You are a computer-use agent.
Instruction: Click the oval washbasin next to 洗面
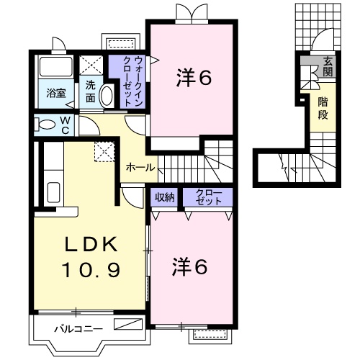(x=107, y=96)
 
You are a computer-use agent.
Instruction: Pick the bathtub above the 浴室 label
(x=56, y=68)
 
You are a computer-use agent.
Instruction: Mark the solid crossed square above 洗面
(x=91, y=65)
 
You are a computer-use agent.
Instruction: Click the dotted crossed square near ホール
(x=106, y=152)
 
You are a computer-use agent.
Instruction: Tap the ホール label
(x=140, y=167)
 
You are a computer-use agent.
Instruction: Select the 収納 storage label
(x=164, y=197)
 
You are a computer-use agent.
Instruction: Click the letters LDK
(x=90, y=245)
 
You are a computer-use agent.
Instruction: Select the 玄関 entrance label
(x=328, y=66)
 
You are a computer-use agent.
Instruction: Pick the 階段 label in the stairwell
(x=324, y=107)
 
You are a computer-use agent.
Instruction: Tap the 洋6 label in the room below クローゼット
(x=190, y=266)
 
